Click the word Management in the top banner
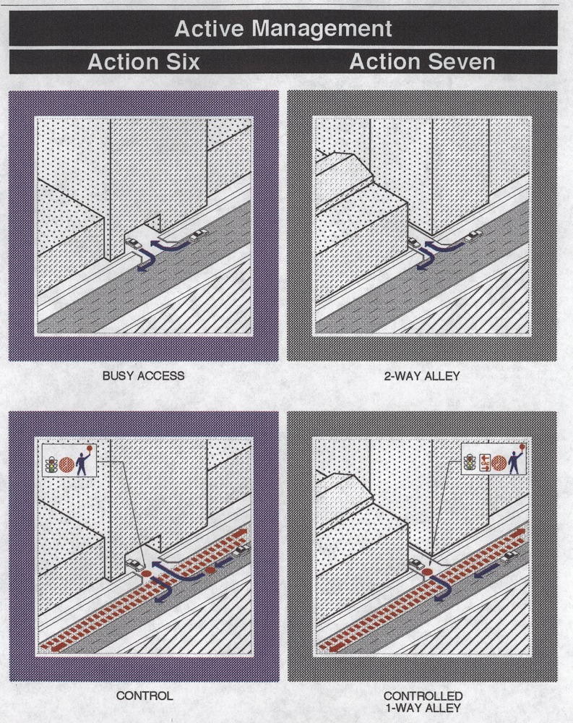click(322, 29)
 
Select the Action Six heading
click(143, 61)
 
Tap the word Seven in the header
click(463, 61)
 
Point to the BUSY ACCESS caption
click(143, 376)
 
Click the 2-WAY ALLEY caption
click(422, 376)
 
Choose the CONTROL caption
click(145, 696)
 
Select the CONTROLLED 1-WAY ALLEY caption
click(423, 701)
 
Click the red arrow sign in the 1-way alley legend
click(485, 463)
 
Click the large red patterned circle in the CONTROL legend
click(66, 465)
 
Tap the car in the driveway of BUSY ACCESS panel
click(134, 243)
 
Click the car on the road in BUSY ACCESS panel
click(199, 235)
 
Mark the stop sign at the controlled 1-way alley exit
click(427, 572)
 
